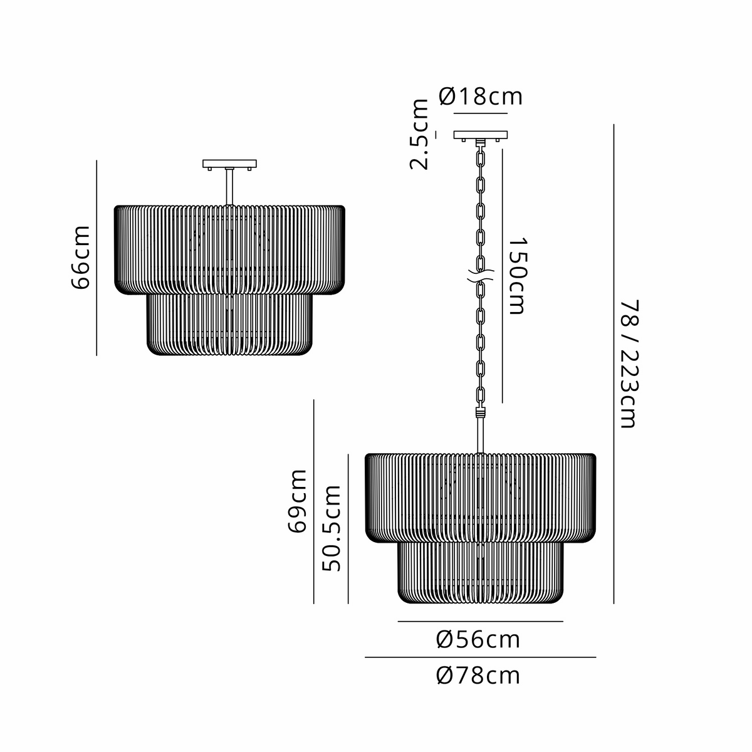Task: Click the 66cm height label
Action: pyautogui.click(x=81, y=258)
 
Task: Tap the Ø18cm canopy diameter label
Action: pyautogui.click(x=481, y=96)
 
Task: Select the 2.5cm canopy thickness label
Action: pyautogui.click(x=419, y=134)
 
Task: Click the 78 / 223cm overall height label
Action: pyautogui.click(x=629, y=364)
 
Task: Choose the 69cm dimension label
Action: pyautogui.click(x=298, y=501)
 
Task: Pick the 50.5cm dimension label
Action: pyautogui.click(x=332, y=528)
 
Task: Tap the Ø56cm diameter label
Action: pyautogui.click(x=478, y=640)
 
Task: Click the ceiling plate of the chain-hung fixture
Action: pyautogui.click(x=481, y=135)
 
